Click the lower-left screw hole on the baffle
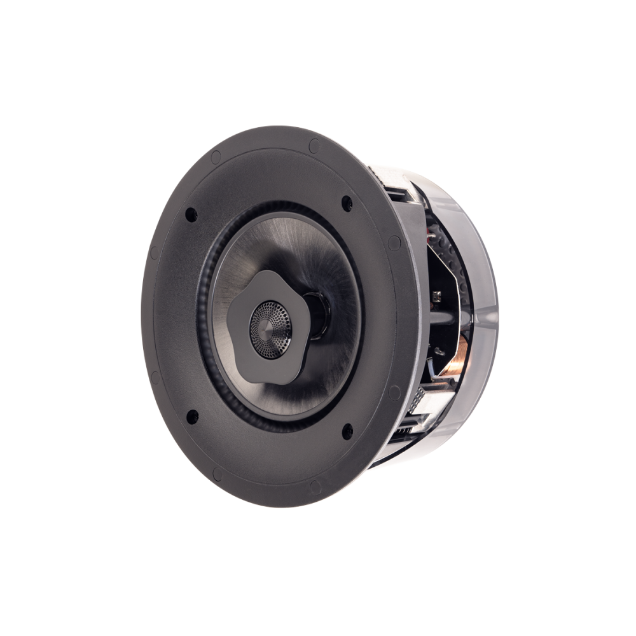190,415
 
